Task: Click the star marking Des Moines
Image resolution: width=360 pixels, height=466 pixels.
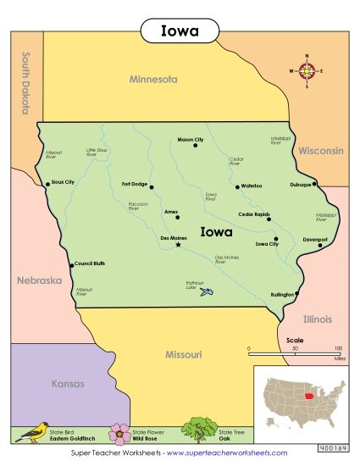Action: pos(178,246)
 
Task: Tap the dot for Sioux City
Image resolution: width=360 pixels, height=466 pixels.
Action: pos(47,182)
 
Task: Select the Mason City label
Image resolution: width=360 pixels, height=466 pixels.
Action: pos(190,139)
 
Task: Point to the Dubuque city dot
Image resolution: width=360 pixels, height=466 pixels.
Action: pos(314,183)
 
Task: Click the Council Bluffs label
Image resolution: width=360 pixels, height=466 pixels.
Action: pos(91,263)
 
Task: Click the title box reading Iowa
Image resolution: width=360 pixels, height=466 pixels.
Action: pos(180,31)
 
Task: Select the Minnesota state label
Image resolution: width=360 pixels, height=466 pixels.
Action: pos(153,79)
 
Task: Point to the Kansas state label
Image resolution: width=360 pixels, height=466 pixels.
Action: pos(68,383)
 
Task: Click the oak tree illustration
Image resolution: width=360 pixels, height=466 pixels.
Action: pos(197,428)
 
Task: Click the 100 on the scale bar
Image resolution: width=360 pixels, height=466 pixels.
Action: pos(339,348)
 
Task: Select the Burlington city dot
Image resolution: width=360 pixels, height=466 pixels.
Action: pos(296,294)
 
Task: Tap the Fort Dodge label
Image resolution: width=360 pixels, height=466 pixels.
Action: pos(135,184)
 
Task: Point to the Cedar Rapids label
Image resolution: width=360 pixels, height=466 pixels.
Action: pos(253,214)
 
